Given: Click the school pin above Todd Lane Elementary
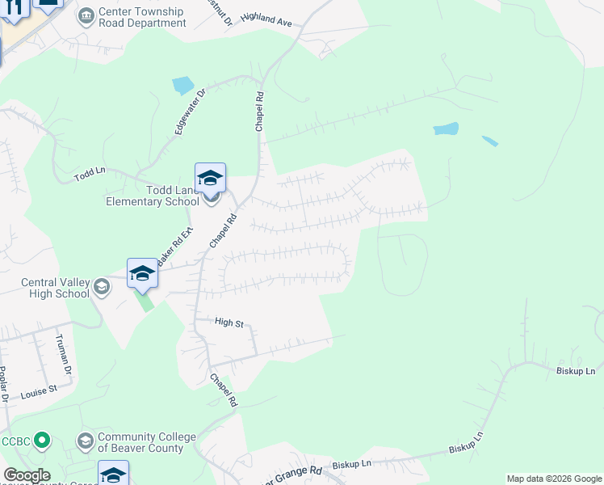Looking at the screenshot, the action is [210, 178].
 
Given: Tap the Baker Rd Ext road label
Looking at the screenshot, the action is [175, 246].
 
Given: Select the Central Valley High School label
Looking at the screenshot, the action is [55, 288].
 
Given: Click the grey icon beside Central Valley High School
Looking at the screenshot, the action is [102, 286].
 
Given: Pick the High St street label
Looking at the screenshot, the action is [229, 323].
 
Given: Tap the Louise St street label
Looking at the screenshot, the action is [41, 389].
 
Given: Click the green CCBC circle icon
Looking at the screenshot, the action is [43, 441].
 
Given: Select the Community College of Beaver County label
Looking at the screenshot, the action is [146, 442].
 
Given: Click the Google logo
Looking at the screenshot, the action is [27, 475].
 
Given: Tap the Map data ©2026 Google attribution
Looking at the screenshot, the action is [554, 479].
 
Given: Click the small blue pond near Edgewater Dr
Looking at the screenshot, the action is [183, 84].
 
